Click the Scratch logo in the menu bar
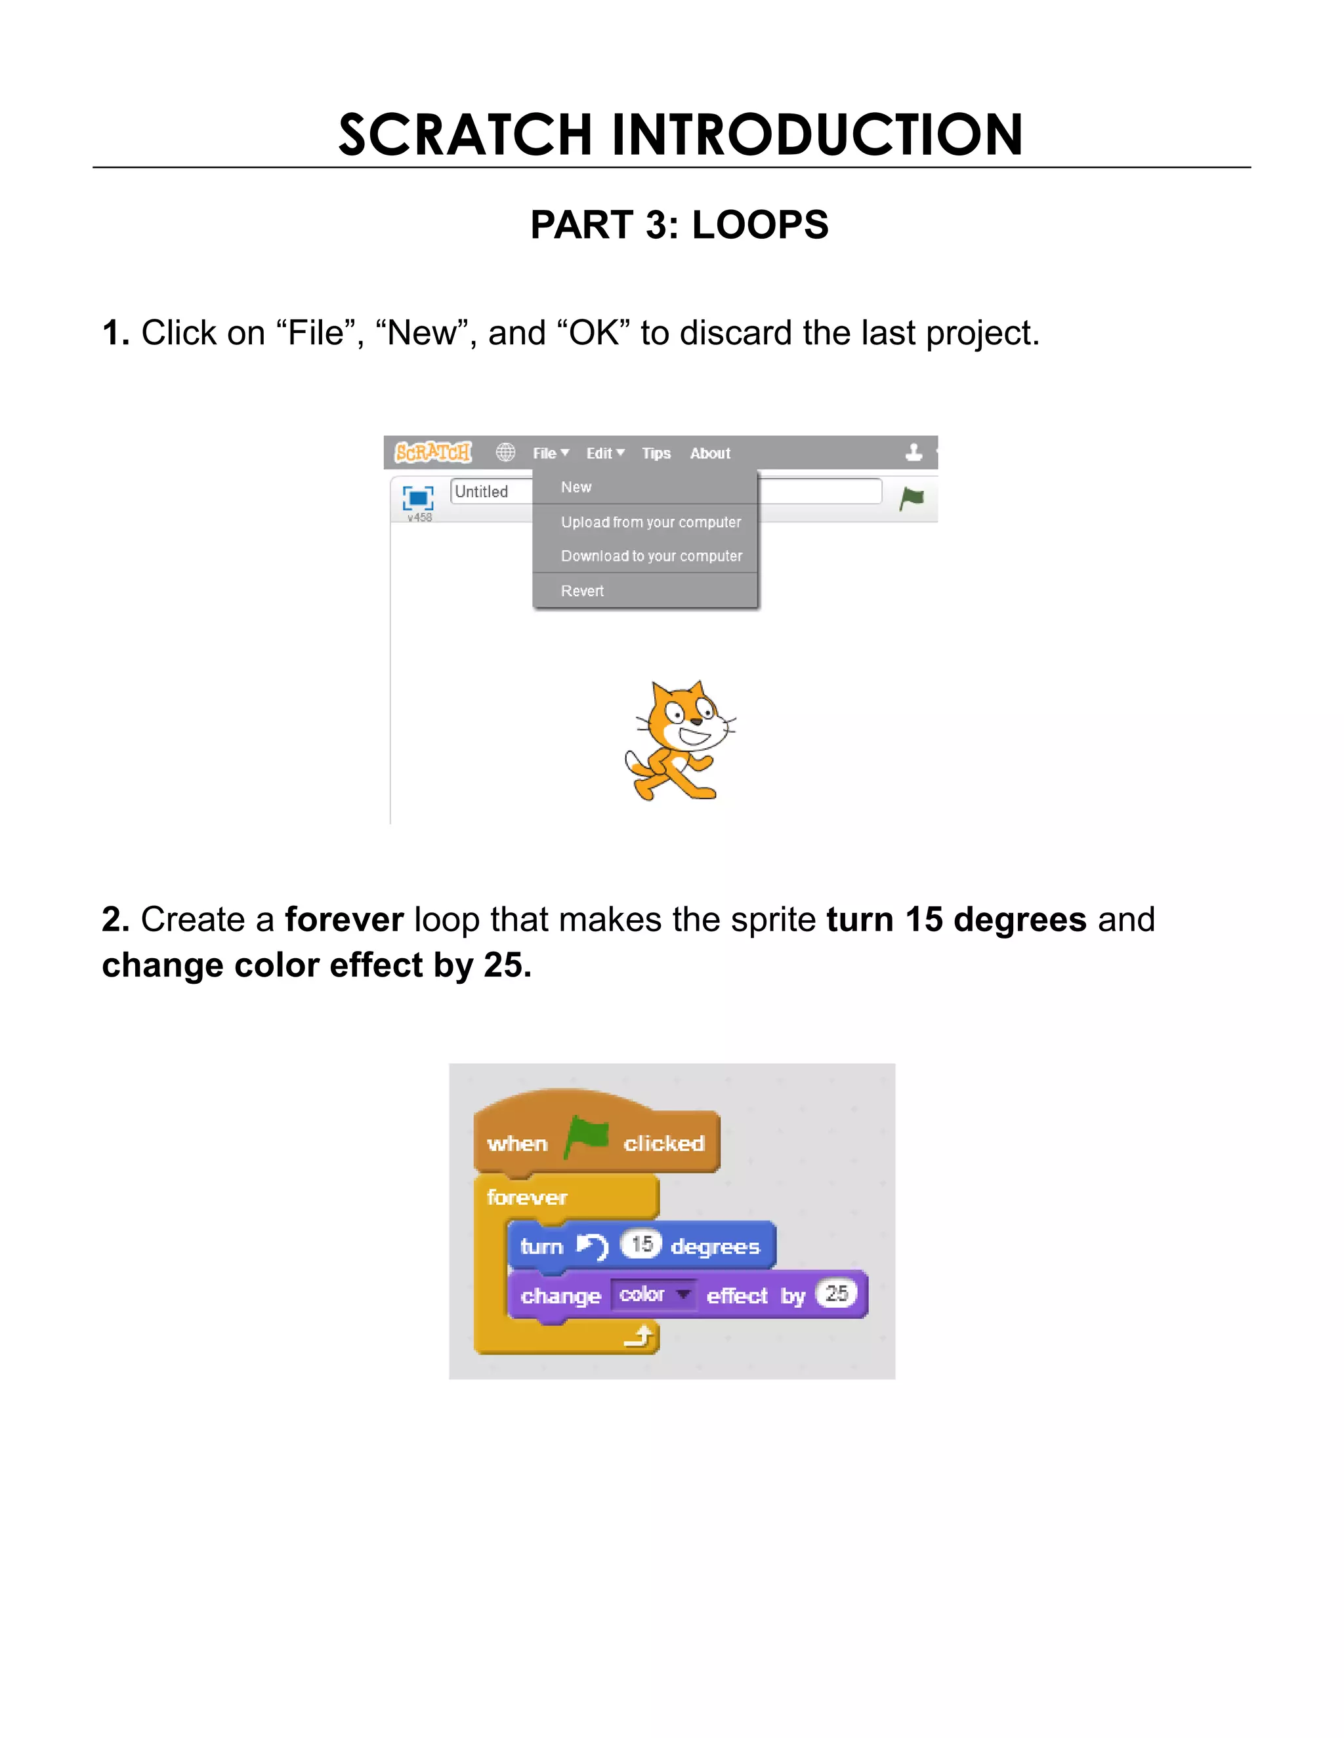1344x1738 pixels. click(x=433, y=453)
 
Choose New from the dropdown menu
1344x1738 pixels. click(x=576, y=487)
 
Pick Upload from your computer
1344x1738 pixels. click(x=650, y=522)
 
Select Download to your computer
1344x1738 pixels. click(x=651, y=556)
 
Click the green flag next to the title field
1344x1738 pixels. click(x=911, y=498)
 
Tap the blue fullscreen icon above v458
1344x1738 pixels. click(x=418, y=498)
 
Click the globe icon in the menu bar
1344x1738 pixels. click(x=505, y=453)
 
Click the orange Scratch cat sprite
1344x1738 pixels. click(x=679, y=740)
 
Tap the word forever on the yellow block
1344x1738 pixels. click(x=526, y=1198)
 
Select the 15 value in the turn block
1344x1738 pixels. click(x=641, y=1243)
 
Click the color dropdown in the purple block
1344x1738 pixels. click(x=654, y=1295)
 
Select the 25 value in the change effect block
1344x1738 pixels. click(x=836, y=1293)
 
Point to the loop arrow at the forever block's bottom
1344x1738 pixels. click(x=639, y=1336)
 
